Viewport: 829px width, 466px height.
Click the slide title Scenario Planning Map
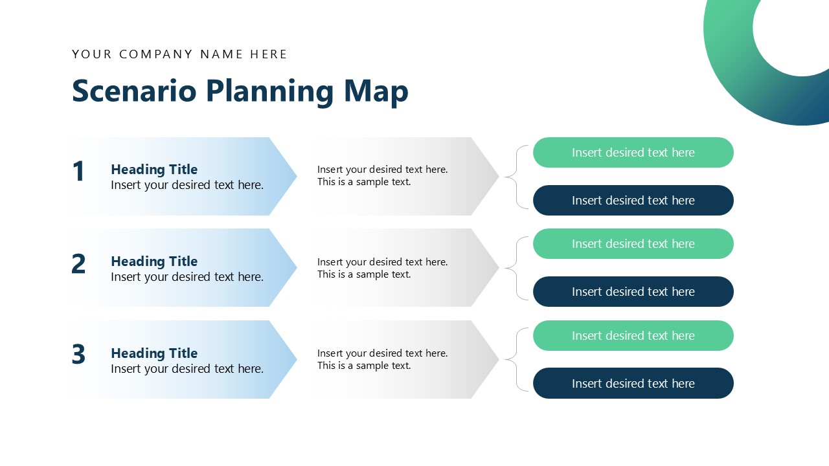click(240, 91)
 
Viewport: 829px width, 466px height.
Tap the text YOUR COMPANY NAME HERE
click(179, 54)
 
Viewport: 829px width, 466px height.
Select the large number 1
click(78, 172)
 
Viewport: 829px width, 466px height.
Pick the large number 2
click(78, 264)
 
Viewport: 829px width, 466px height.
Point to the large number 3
click(78, 355)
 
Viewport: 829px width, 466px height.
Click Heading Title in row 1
click(154, 170)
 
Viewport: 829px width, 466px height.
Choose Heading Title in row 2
click(154, 261)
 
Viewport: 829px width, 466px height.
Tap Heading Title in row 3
click(154, 353)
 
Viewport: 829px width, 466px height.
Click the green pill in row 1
click(633, 153)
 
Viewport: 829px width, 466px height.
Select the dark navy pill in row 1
click(633, 201)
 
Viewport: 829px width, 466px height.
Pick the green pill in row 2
click(633, 244)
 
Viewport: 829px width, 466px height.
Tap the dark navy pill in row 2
click(633, 292)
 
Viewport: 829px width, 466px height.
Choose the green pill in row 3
click(633, 336)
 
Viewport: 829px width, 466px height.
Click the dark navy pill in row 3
click(633, 384)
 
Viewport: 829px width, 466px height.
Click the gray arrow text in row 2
click(382, 268)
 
